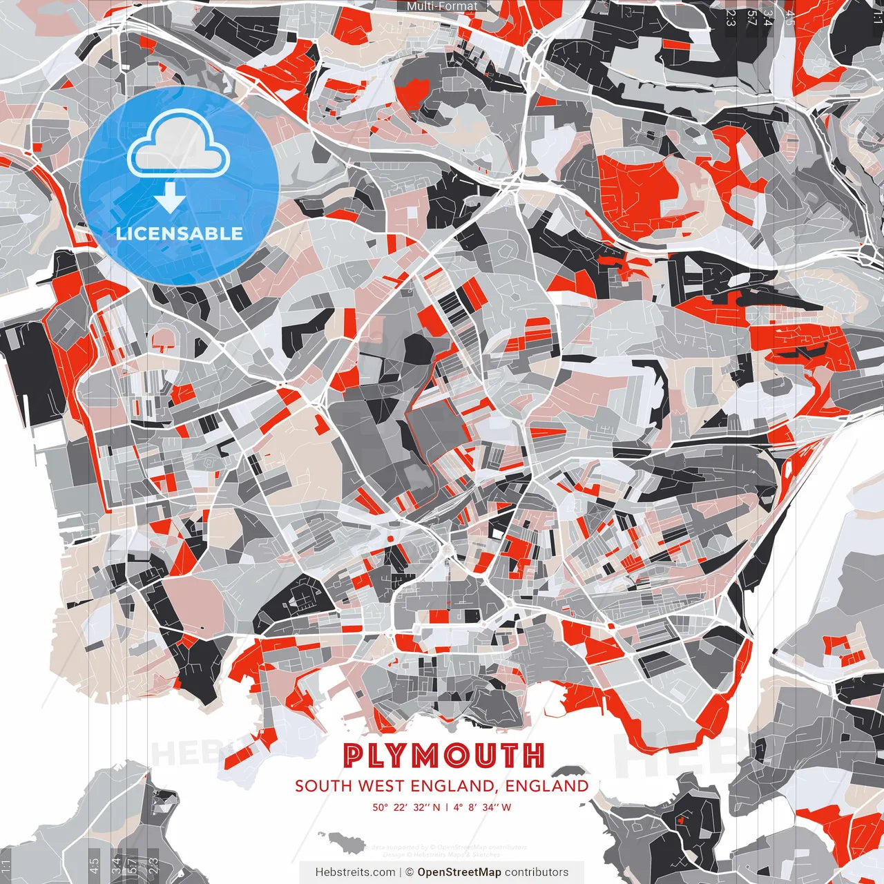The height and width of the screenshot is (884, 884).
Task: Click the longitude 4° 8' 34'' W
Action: coord(483,807)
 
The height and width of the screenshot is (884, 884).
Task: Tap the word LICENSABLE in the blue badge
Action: coord(180,233)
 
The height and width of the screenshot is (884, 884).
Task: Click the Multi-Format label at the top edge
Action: coord(442,6)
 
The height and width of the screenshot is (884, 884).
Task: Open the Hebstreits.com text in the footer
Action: coord(355,872)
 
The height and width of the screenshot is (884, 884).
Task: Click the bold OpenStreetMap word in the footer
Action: coord(459,872)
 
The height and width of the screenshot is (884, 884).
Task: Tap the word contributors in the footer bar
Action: coord(537,872)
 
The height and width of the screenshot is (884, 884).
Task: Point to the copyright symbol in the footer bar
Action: coord(410,872)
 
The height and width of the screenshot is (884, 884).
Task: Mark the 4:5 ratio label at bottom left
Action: coord(94,863)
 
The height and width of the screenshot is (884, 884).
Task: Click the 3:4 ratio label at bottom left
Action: coord(116,863)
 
